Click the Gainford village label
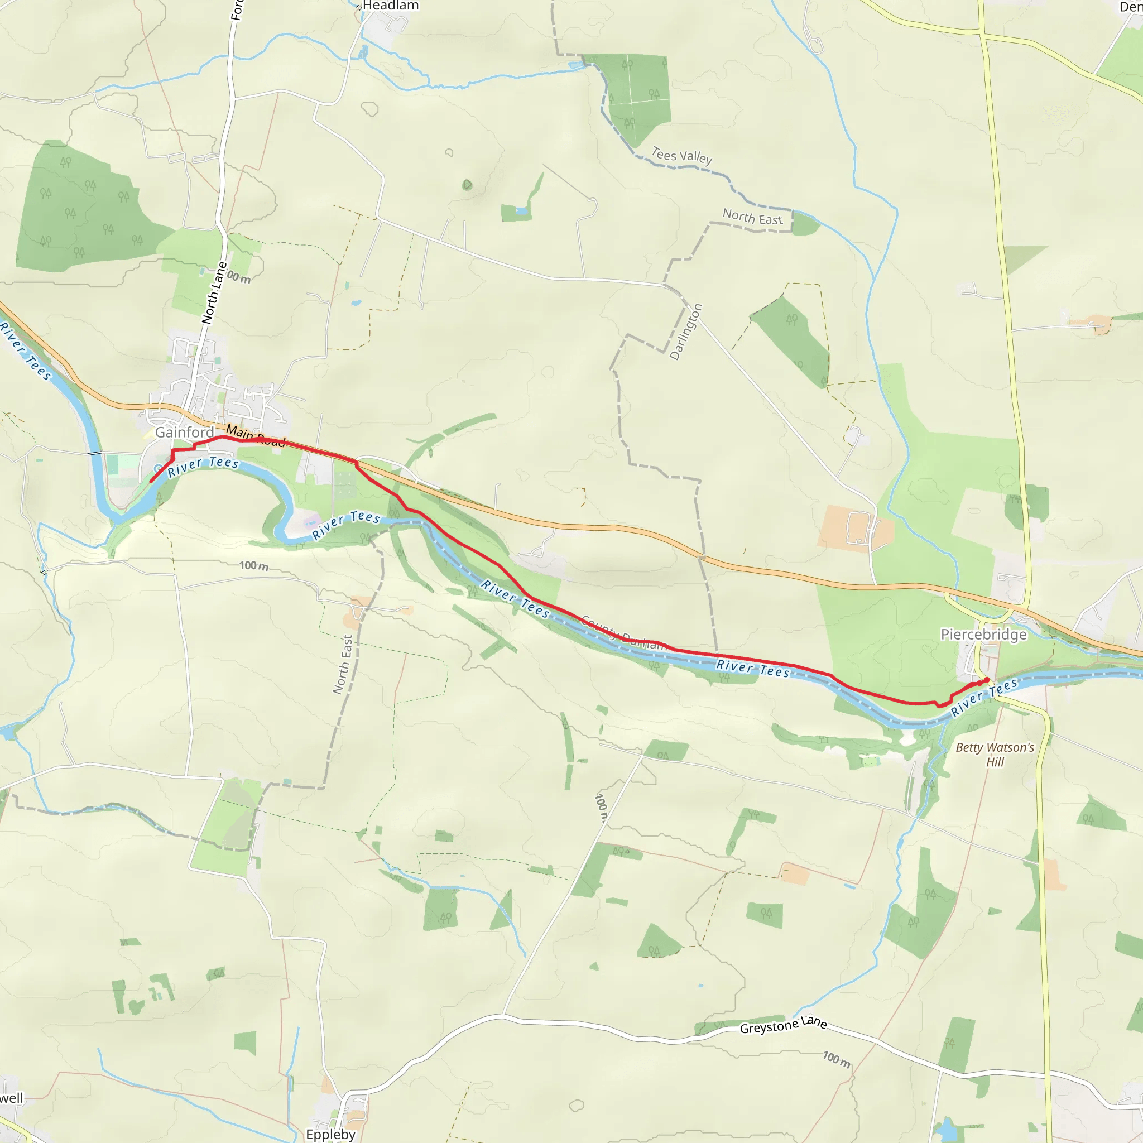(x=184, y=433)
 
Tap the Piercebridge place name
(x=983, y=635)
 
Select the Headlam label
(x=391, y=6)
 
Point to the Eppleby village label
(x=330, y=1134)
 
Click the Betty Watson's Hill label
(x=995, y=755)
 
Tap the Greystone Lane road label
(x=782, y=1025)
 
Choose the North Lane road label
(x=214, y=293)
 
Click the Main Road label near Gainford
(x=256, y=435)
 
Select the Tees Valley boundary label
(x=681, y=156)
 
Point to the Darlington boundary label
(x=686, y=332)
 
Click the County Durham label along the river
(x=624, y=633)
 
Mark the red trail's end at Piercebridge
(x=987, y=679)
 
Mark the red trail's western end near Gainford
(x=151, y=482)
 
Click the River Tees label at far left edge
(x=25, y=350)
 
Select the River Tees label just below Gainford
(x=203, y=466)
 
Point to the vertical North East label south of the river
(x=343, y=664)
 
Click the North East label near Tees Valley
(x=752, y=217)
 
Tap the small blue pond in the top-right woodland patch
(x=521, y=210)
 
